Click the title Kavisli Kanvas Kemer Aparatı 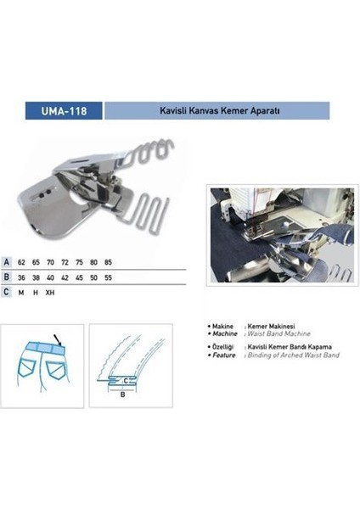216,109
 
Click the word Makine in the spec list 223,326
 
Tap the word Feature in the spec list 224,355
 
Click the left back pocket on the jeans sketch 31,372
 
